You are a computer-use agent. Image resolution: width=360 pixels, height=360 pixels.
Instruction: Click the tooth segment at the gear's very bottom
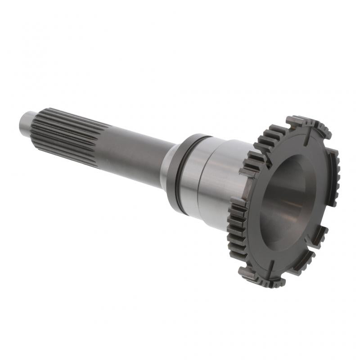[265, 279]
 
